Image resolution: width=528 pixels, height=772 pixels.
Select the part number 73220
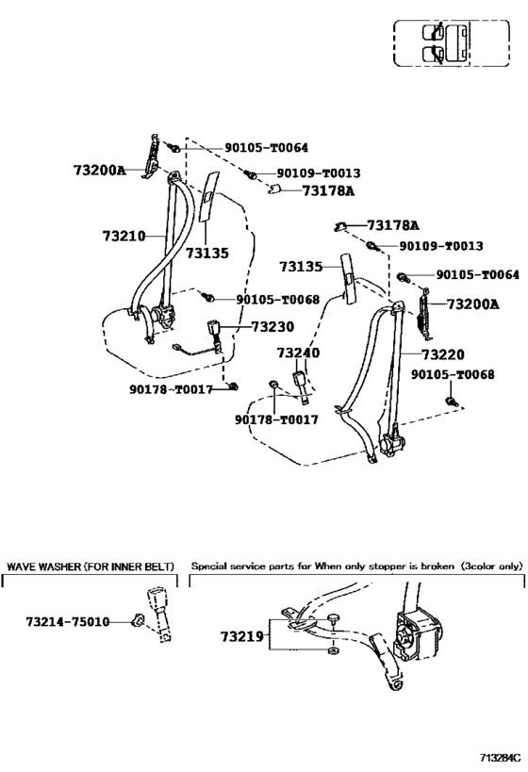[x=442, y=354]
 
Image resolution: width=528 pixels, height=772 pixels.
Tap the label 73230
[x=272, y=327]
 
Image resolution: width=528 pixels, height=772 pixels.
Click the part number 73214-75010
[x=67, y=622]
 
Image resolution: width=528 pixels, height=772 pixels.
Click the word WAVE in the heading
[x=26, y=567]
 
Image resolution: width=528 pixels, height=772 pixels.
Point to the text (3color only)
[x=491, y=567]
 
